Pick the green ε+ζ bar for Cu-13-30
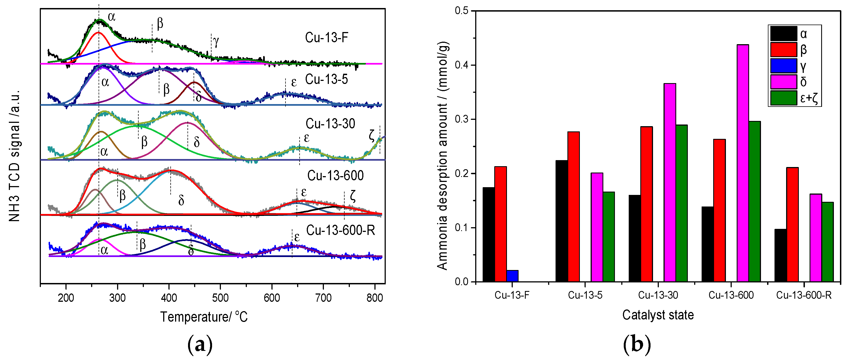click(681, 203)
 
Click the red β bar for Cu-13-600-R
click(792, 225)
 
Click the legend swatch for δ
click(783, 81)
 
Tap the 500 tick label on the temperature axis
click(220, 298)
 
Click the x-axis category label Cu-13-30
click(658, 295)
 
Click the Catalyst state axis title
click(658, 315)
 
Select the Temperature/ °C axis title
click(204, 317)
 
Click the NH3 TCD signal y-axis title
click(15, 155)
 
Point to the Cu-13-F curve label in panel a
click(326, 37)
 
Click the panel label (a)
click(200, 345)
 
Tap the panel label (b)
click(637, 345)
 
